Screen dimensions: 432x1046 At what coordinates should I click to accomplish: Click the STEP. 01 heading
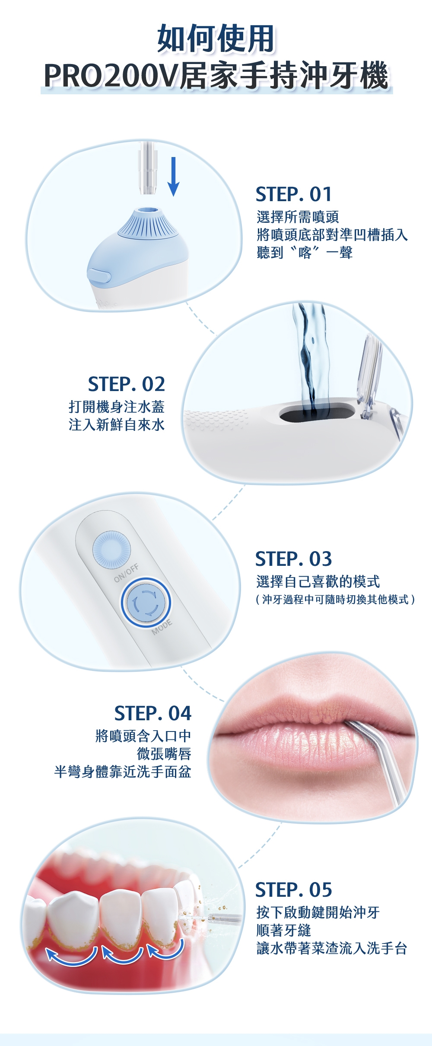coord(294,194)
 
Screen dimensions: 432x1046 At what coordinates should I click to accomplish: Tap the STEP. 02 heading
coord(126,384)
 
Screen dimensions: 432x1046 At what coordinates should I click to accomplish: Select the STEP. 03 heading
coord(294,559)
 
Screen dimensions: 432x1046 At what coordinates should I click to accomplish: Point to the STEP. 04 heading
coord(152,713)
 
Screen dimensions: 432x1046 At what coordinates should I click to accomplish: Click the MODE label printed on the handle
coord(162,627)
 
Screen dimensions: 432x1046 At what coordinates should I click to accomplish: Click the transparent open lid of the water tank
coord(369,376)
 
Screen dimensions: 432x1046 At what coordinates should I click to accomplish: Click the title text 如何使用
coord(216,39)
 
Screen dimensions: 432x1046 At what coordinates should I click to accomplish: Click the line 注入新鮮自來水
coord(117,425)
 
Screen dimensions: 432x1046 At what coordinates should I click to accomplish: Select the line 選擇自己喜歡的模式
coord(318,581)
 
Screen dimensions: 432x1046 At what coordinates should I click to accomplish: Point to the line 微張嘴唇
coord(164,754)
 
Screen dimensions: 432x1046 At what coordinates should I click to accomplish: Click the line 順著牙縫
coord(284,930)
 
